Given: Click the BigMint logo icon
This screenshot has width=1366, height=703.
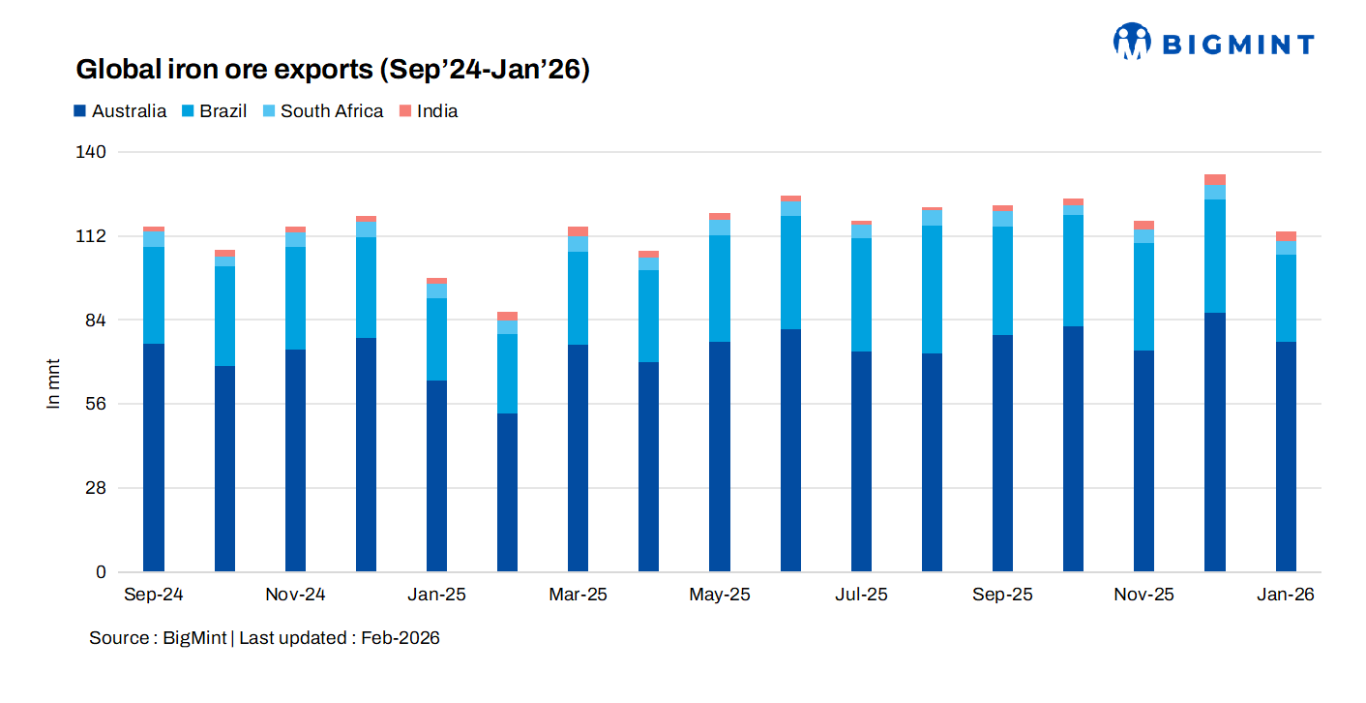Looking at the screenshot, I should coord(1131,42).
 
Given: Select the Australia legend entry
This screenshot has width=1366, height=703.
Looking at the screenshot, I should coord(120,111).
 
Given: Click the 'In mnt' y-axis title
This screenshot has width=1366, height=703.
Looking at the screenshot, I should coord(54,383).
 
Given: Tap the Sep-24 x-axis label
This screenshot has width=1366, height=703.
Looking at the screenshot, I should coord(153,595).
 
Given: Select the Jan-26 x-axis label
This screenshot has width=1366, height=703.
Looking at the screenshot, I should coord(1285,595).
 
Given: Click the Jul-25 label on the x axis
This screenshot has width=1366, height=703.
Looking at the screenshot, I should coord(861,595).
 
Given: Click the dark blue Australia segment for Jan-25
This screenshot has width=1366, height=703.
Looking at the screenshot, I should coord(436,474).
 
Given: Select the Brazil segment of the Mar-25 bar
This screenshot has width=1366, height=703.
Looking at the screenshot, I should coord(579,297).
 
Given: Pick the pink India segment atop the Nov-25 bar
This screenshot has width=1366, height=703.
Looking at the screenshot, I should coord(1143,226).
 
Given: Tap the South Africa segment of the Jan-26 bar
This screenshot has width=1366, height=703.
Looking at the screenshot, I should coord(1286,248).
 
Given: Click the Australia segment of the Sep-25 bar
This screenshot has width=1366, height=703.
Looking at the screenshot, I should coord(1002,452).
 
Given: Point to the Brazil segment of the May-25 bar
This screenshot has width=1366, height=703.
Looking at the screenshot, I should coord(720,288).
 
